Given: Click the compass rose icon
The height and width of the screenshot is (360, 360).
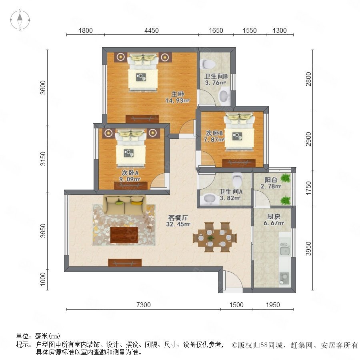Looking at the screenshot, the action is click(x=20, y=20).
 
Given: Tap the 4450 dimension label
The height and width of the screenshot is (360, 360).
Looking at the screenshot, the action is click(x=152, y=30).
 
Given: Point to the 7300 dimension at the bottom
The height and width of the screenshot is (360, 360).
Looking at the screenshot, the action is click(x=144, y=305).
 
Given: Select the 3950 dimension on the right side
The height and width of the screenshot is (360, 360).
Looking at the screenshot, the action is click(x=308, y=249).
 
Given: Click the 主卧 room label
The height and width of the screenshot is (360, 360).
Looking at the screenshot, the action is click(x=178, y=94).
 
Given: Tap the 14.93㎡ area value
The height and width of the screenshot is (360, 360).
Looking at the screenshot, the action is click(x=178, y=100).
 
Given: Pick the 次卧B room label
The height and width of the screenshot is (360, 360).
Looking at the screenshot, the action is click(x=214, y=133).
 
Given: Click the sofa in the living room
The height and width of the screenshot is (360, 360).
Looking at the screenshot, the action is click(x=124, y=205).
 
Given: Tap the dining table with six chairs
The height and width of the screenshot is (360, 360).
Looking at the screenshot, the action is click(x=215, y=237).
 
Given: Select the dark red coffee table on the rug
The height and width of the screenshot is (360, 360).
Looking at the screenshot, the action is click(x=124, y=235).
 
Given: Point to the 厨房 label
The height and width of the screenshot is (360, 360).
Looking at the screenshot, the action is click(x=274, y=216).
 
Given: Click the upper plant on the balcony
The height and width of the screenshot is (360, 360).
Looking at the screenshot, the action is click(x=285, y=178).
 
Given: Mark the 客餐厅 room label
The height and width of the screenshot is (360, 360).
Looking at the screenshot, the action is click(x=178, y=218).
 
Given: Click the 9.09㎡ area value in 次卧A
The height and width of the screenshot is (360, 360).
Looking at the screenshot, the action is click(x=130, y=179).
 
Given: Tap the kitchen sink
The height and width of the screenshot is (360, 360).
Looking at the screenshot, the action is click(x=285, y=248).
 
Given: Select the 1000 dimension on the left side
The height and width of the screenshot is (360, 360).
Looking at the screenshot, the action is click(x=43, y=280).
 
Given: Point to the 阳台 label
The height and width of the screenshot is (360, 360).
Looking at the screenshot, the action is click(x=271, y=180).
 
